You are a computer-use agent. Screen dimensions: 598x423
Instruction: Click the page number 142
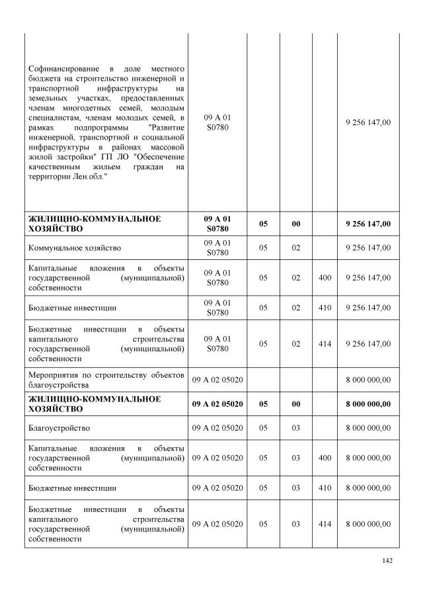(388, 562)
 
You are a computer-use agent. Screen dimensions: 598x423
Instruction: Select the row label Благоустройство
(59, 427)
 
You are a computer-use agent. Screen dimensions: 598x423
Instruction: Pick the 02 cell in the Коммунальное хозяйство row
(296, 247)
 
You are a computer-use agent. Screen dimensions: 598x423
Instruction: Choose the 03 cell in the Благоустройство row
(296, 427)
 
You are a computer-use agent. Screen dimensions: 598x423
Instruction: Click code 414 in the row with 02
(325, 343)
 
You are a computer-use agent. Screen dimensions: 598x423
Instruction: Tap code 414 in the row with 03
(325, 523)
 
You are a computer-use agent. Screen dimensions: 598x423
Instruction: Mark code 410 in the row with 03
(325, 488)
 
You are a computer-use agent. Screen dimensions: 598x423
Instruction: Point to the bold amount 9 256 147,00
(368, 224)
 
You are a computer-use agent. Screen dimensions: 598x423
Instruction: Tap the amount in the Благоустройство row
(368, 427)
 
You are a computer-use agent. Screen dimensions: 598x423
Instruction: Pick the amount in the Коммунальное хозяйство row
(368, 247)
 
